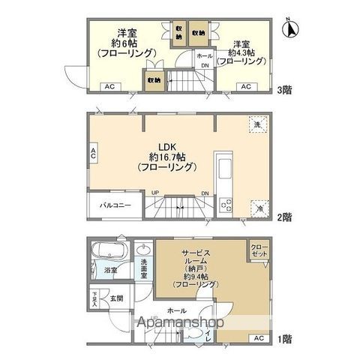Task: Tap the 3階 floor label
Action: (285, 88)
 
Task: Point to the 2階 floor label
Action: (285, 217)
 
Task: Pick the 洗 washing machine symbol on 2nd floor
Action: (257, 125)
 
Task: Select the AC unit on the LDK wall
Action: (94, 154)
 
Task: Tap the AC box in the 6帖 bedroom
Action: (108, 87)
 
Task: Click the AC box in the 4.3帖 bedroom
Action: (244, 87)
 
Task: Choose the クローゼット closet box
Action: (257, 250)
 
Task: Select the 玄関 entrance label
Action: (118, 298)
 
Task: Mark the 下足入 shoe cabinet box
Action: (95, 298)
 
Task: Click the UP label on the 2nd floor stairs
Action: (155, 193)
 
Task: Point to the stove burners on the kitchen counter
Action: (225, 205)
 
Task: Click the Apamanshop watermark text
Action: (179, 324)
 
